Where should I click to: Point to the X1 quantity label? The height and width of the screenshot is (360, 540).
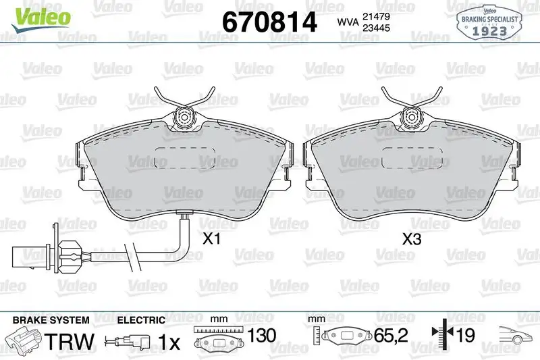coord(212,238)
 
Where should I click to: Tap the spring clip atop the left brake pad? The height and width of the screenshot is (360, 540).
coord(184,111)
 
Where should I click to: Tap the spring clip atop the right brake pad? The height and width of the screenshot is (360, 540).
coord(410,111)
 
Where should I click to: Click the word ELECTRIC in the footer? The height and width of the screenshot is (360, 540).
coord(141,319)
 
